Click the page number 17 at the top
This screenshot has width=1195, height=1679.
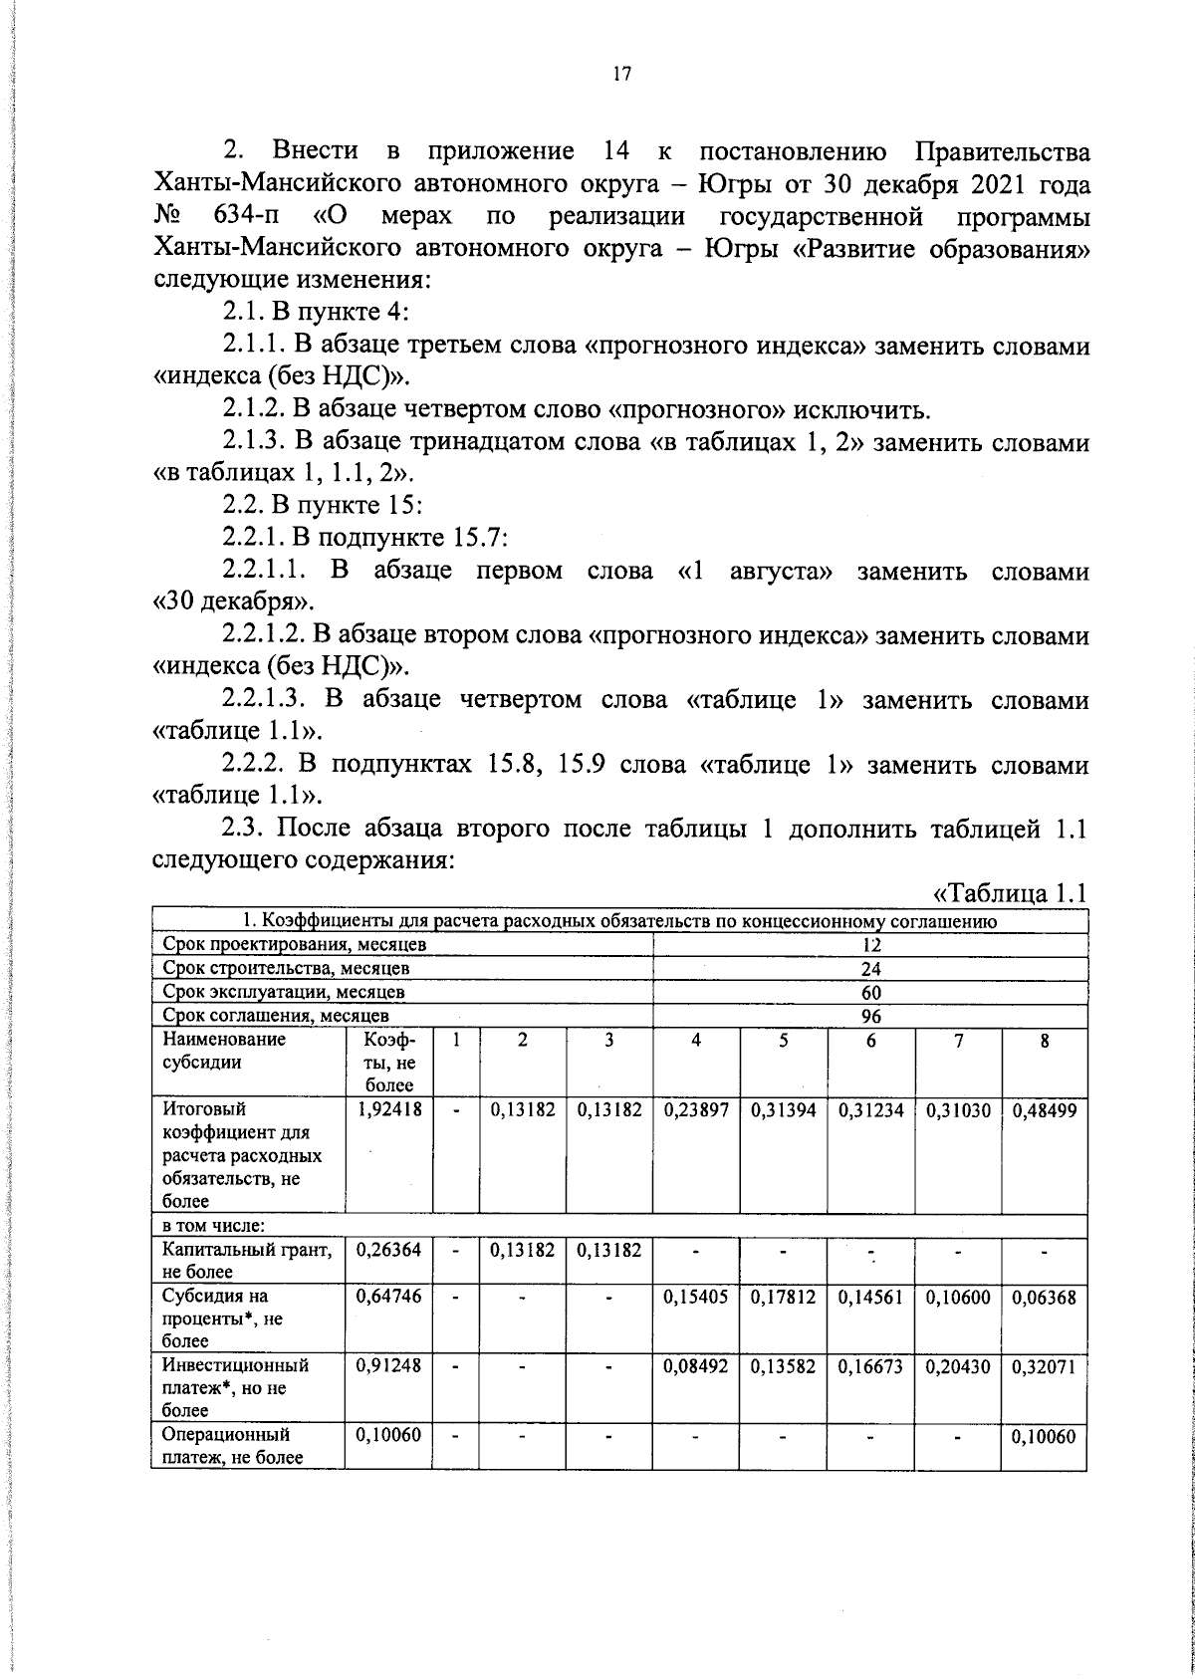pos(621,75)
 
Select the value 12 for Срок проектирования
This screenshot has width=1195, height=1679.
pos(871,945)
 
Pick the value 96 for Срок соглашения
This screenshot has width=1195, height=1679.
pos(871,1016)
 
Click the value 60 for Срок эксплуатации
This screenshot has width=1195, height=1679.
pos(871,992)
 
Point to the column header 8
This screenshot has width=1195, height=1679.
pos(1045,1041)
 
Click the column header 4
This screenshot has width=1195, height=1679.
pos(696,1041)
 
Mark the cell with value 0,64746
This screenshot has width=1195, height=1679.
pos(388,1298)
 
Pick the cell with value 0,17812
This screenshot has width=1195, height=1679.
pos(784,1298)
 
